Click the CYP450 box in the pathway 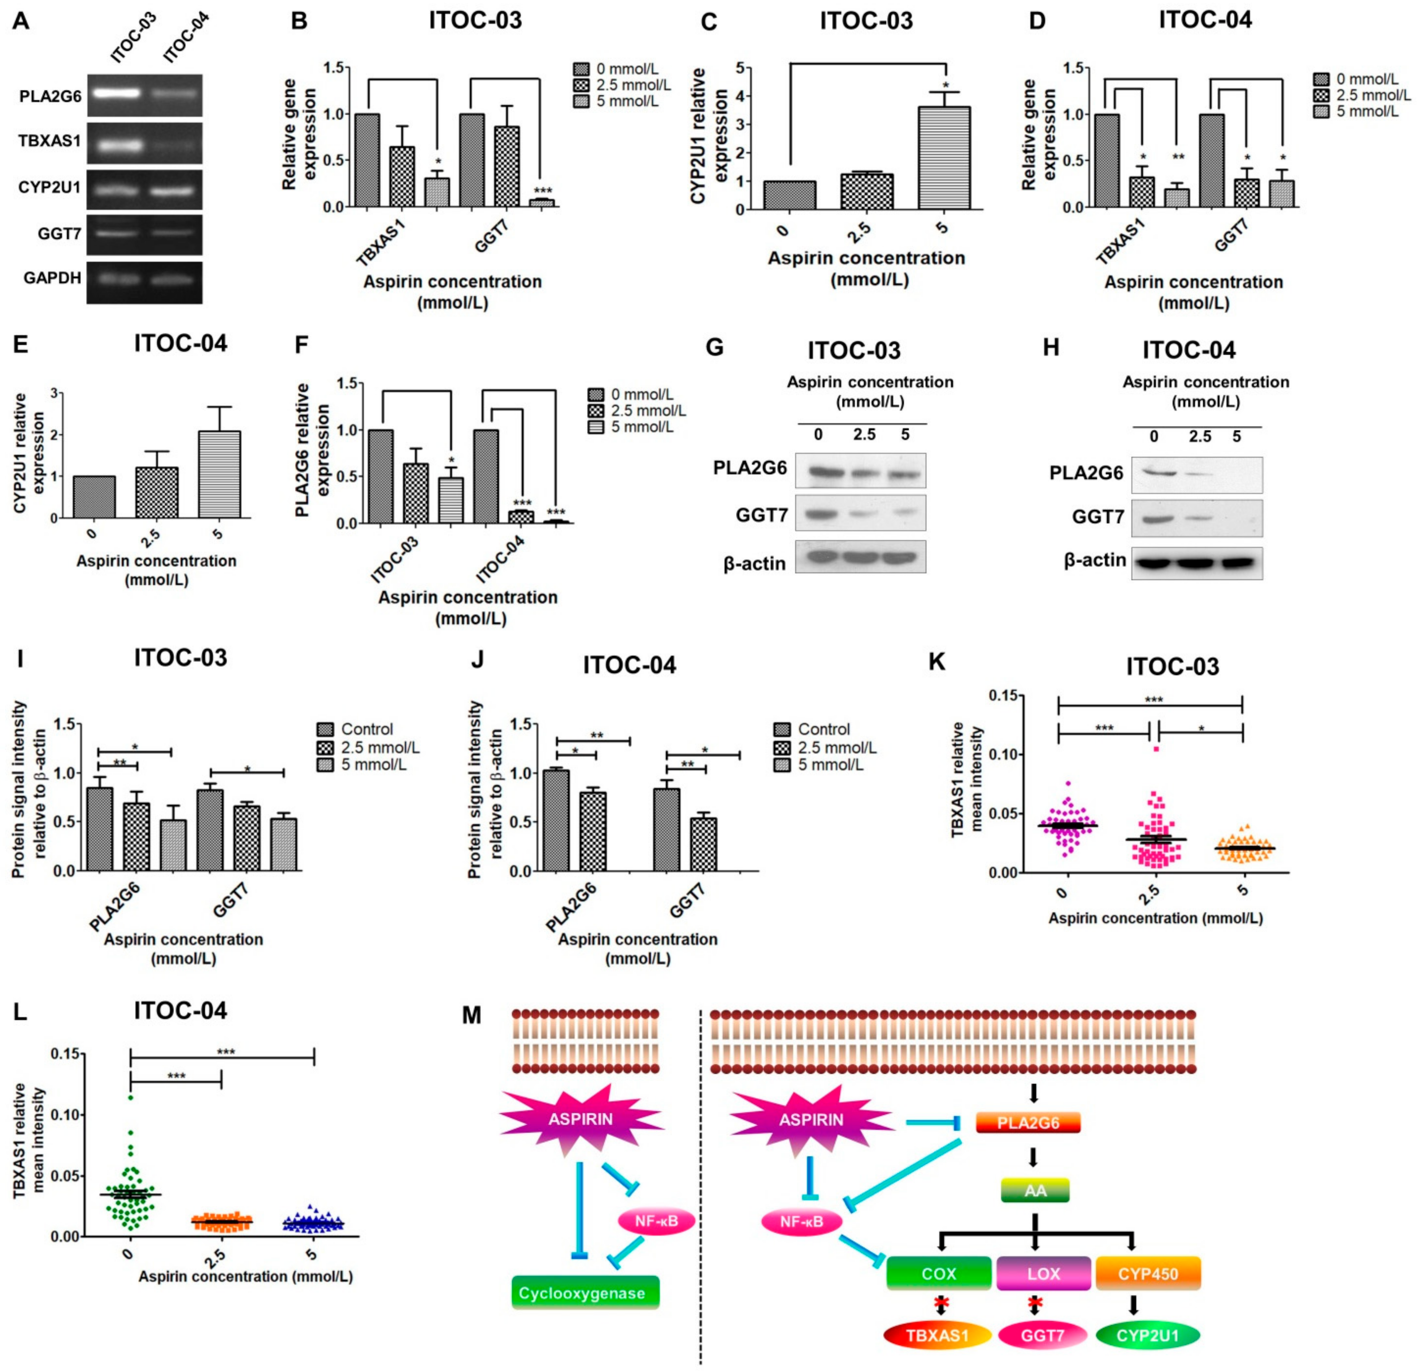[1148, 1273]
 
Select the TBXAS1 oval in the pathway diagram [938, 1335]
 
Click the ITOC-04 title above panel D [1205, 20]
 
